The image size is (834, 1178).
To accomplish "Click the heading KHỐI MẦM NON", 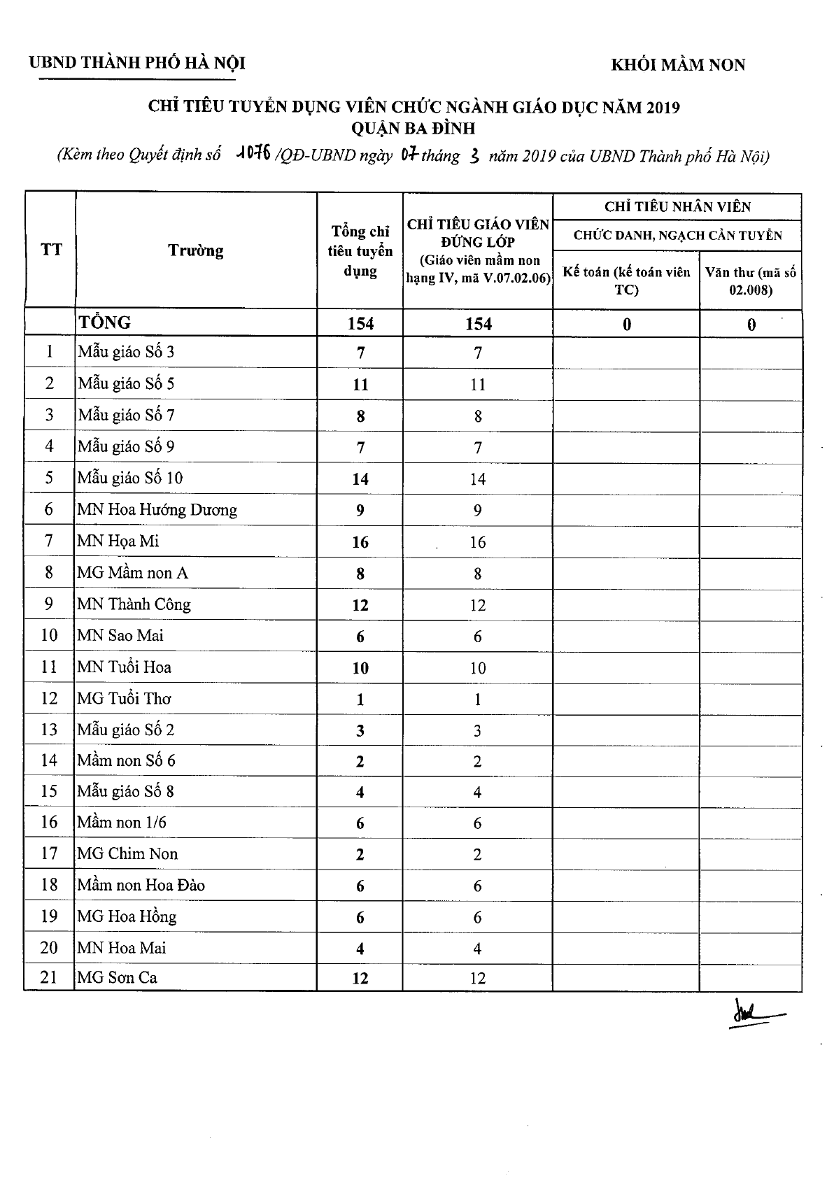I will coord(678,65).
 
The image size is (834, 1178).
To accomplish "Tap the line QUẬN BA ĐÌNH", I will coord(414,129).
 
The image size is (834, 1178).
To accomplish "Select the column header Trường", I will coord(195,250).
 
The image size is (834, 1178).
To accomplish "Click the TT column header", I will coord(50,250).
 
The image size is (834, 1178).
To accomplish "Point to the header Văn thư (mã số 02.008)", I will coord(750,281).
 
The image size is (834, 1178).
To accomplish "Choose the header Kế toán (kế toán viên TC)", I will coord(626,281).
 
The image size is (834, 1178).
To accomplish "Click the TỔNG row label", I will coord(105,322).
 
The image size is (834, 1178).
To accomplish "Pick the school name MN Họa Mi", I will coord(118,541).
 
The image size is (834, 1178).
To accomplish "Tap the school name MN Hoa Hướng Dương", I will coord(157,509).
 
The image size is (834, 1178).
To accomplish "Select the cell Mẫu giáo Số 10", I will coord(130,478).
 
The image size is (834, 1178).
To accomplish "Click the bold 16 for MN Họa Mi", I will coord(360,542).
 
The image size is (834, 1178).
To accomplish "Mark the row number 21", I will coord(49,977).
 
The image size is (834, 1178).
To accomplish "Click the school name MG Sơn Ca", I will coord(117,977).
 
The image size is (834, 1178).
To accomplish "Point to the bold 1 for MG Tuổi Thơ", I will coord(360,700).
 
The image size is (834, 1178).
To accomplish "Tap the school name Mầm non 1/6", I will coord(122,822).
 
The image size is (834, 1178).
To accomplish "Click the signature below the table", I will coord(755,1012).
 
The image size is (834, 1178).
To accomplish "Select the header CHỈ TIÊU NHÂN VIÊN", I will coord(677,207).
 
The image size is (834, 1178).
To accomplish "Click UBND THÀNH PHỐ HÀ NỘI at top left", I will coord(137,63).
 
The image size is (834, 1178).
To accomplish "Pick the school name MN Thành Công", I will coord(134,604).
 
